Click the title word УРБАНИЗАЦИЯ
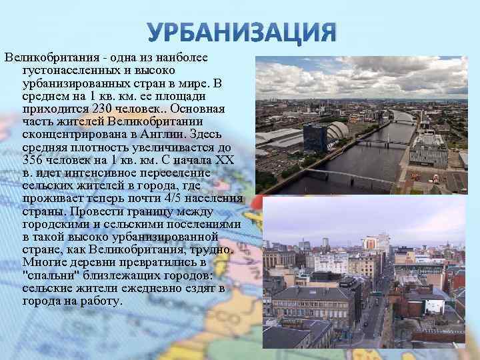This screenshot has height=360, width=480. [240, 32]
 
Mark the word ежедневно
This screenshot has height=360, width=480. [139, 287]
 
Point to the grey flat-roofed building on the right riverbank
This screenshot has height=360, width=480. [427, 149]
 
